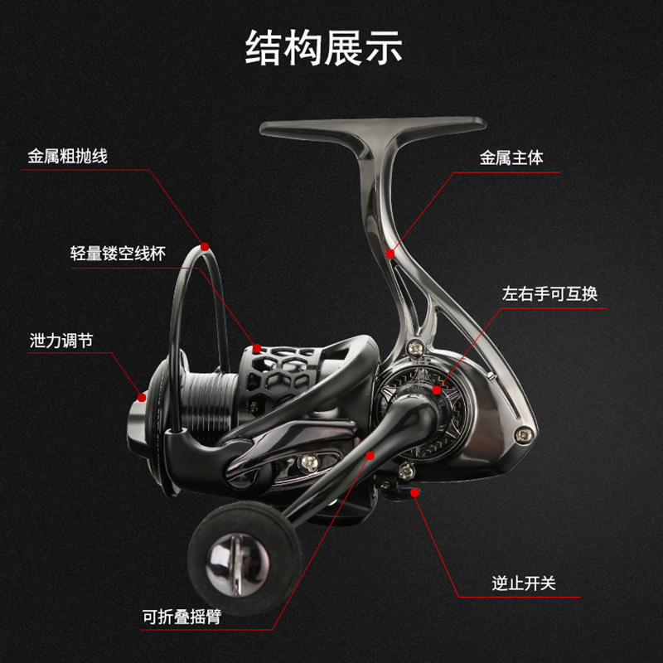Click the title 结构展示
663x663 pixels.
coord(324,49)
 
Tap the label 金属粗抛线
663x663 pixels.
coord(67,156)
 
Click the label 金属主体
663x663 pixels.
coord(511,157)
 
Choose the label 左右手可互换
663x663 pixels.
coord(549,294)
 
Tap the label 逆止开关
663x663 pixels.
coord(523,583)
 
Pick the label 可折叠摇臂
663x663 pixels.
coord(181,617)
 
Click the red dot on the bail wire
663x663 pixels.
coord(204,246)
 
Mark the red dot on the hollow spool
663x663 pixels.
coord(257,348)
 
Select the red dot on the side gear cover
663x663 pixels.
coord(436,388)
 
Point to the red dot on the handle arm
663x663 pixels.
coord(369,455)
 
